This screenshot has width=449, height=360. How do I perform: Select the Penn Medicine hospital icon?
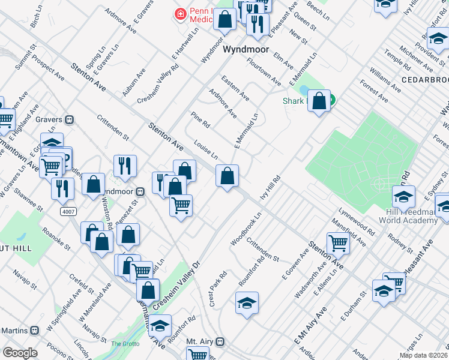[x=179, y=13]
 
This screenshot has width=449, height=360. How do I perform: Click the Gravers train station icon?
[x=70, y=119]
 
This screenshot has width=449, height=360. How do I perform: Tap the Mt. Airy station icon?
[x=220, y=341]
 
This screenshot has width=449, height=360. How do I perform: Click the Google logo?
[x=20, y=353]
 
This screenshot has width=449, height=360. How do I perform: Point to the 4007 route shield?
[x=68, y=212]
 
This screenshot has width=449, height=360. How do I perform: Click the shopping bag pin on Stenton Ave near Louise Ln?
[x=228, y=176]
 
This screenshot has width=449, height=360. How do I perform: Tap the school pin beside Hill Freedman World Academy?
[x=403, y=197]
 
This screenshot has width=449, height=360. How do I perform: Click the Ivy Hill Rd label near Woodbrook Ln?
[x=270, y=188]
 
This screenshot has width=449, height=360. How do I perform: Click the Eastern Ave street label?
[x=234, y=87]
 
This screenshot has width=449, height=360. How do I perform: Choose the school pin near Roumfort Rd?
[x=247, y=304]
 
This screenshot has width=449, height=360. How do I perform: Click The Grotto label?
[x=125, y=344]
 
